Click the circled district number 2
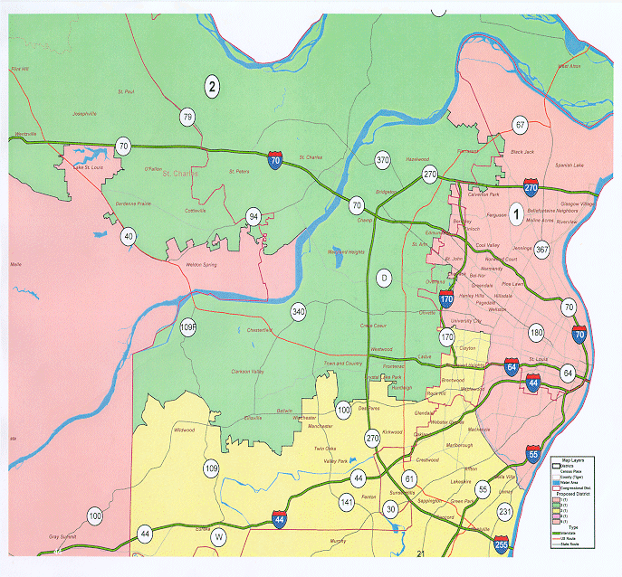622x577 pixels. pyautogui.click(x=212, y=87)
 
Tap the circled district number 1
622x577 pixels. pyautogui.click(x=517, y=214)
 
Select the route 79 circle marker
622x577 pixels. pyautogui.click(x=187, y=117)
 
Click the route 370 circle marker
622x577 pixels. pyautogui.click(x=382, y=161)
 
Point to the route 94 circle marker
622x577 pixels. pyautogui.click(x=254, y=217)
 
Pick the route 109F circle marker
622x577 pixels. pyautogui.click(x=188, y=326)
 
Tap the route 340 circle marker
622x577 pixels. pyautogui.click(x=298, y=312)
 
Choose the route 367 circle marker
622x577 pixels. pyautogui.click(x=541, y=249)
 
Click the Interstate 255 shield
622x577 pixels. pyautogui.click(x=502, y=544)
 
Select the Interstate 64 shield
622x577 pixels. pyautogui.click(x=512, y=366)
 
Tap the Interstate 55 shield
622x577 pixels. pyautogui.click(x=533, y=454)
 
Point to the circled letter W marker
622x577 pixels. pyautogui.click(x=218, y=537)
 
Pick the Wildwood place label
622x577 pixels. pyautogui.click(x=184, y=430)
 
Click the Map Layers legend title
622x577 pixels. pyautogui.click(x=572, y=459)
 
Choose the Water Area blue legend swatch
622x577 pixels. pyautogui.click(x=557, y=482)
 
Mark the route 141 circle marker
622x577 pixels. pyautogui.click(x=347, y=502)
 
